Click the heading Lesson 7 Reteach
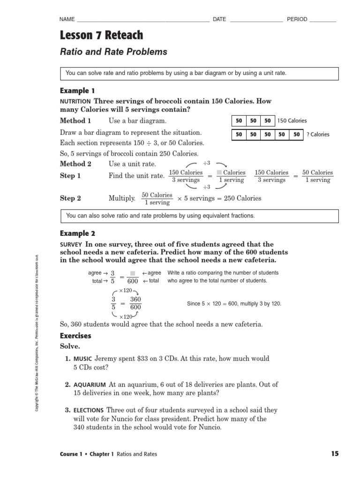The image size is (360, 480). (101, 35)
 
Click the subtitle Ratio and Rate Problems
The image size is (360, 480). (113, 52)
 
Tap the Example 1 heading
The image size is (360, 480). (77, 90)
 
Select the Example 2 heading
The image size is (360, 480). (77, 233)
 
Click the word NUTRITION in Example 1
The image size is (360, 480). (75, 102)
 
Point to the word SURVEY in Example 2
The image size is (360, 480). (71, 245)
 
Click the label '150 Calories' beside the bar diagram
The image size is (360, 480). (292, 121)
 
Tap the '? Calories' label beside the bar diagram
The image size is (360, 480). (318, 135)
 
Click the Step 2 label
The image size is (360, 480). (70, 198)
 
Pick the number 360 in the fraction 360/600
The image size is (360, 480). (135, 300)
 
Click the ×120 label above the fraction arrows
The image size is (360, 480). (125, 291)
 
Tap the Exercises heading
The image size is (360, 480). (75, 336)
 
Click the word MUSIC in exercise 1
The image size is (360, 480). (82, 359)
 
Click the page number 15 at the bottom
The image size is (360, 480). (334, 454)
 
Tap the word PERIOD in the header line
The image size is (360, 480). (297, 20)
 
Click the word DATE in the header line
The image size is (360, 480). (219, 20)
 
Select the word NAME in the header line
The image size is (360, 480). (67, 20)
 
